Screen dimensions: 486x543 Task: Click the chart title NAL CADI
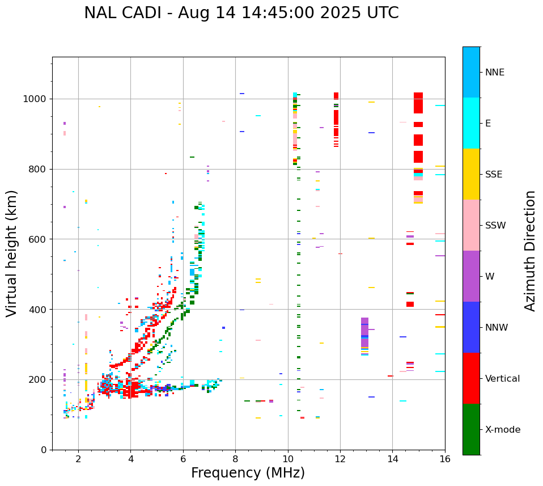click(241, 13)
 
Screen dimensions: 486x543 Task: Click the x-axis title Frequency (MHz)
click(248, 473)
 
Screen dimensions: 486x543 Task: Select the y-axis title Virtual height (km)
click(12, 253)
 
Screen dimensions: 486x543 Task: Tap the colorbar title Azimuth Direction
click(530, 251)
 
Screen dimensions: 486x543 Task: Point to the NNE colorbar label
click(494, 73)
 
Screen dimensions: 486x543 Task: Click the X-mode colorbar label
click(502, 430)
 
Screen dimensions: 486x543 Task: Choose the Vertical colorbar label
click(502, 379)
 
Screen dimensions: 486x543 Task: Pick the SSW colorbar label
click(495, 226)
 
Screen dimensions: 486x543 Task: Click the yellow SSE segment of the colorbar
click(471, 174)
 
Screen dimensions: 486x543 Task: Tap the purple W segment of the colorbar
click(471, 276)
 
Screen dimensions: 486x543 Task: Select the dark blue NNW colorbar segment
click(471, 327)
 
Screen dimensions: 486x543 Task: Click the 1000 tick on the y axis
click(37, 99)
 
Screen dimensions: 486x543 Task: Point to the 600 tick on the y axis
click(39, 239)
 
